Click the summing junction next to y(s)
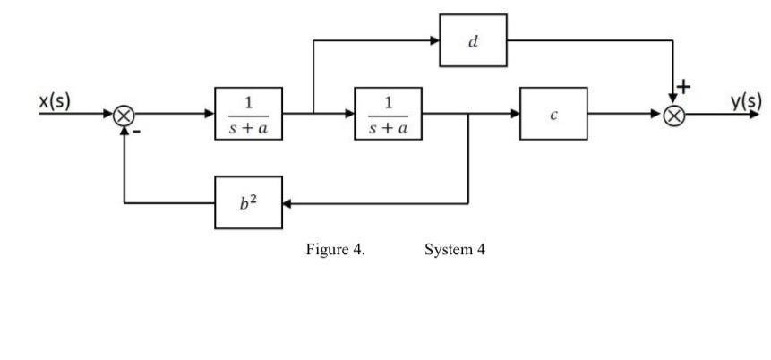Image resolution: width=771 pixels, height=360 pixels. [x=678, y=115]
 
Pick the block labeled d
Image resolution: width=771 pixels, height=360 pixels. [x=473, y=40]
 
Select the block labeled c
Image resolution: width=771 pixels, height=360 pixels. [x=553, y=114]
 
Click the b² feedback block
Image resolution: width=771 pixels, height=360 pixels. [x=248, y=202]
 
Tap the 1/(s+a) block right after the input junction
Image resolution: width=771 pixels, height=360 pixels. [x=248, y=114]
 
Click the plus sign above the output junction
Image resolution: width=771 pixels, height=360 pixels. [x=685, y=87]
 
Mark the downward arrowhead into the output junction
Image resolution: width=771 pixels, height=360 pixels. [x=678, y=100]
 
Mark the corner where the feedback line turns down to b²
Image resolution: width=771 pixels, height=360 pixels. [x=469, y=203]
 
